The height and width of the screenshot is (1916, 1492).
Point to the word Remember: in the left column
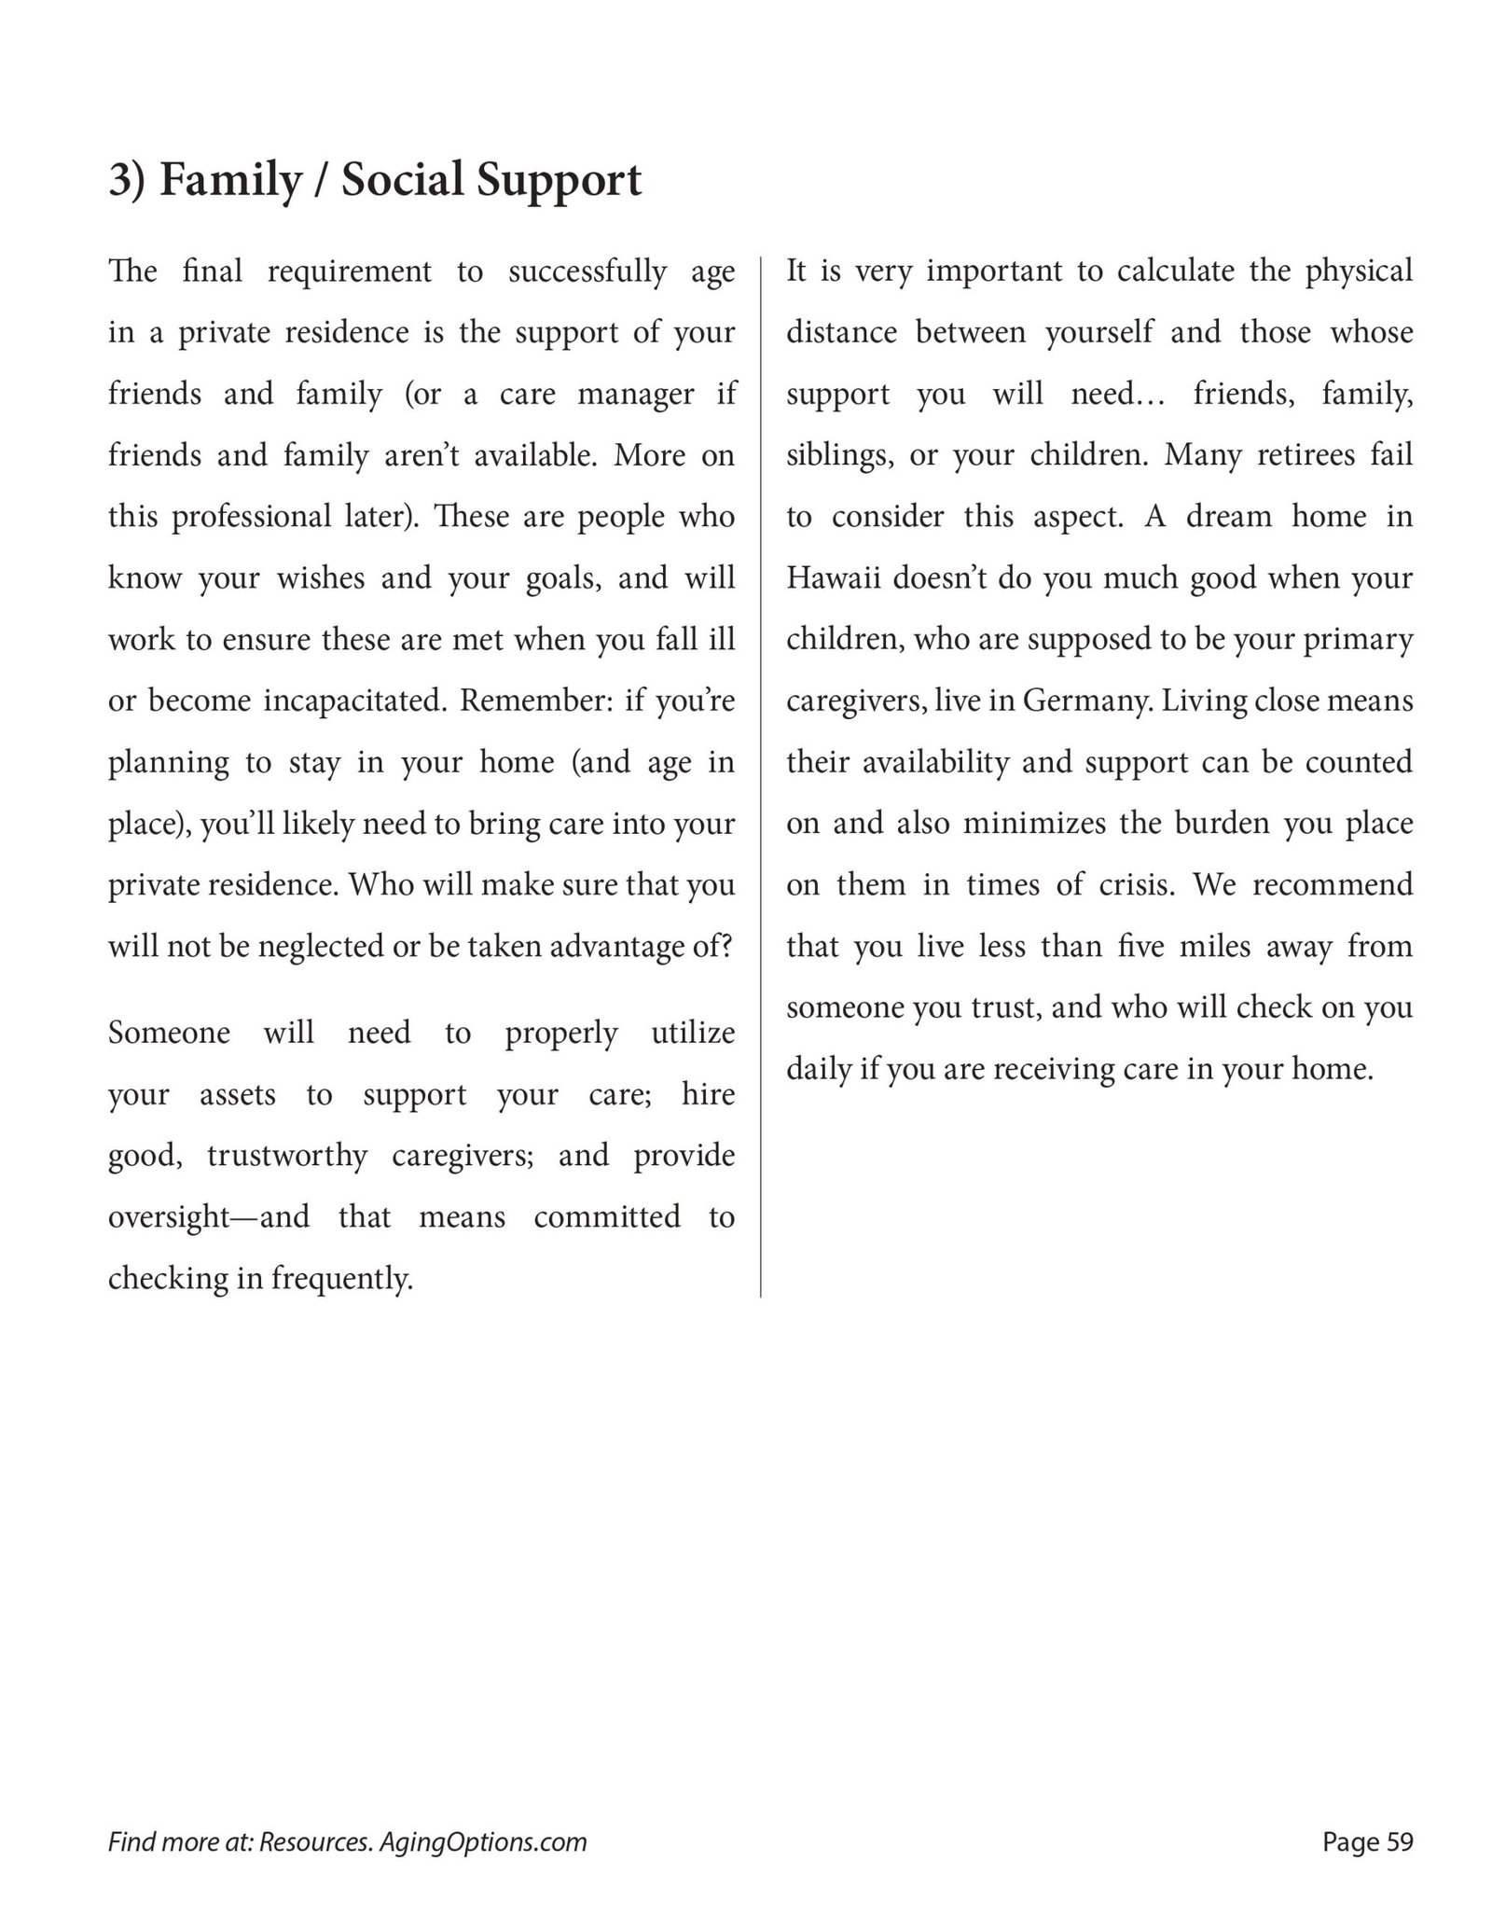coord(534,701)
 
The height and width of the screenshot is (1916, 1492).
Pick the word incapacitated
coord(351,701)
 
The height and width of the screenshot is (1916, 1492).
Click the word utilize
coord(693,1033)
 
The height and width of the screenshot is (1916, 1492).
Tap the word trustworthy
coord(287,1156)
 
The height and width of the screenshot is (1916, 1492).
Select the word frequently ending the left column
coord(342,1279)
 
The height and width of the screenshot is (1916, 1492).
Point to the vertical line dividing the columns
coord(761,774)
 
